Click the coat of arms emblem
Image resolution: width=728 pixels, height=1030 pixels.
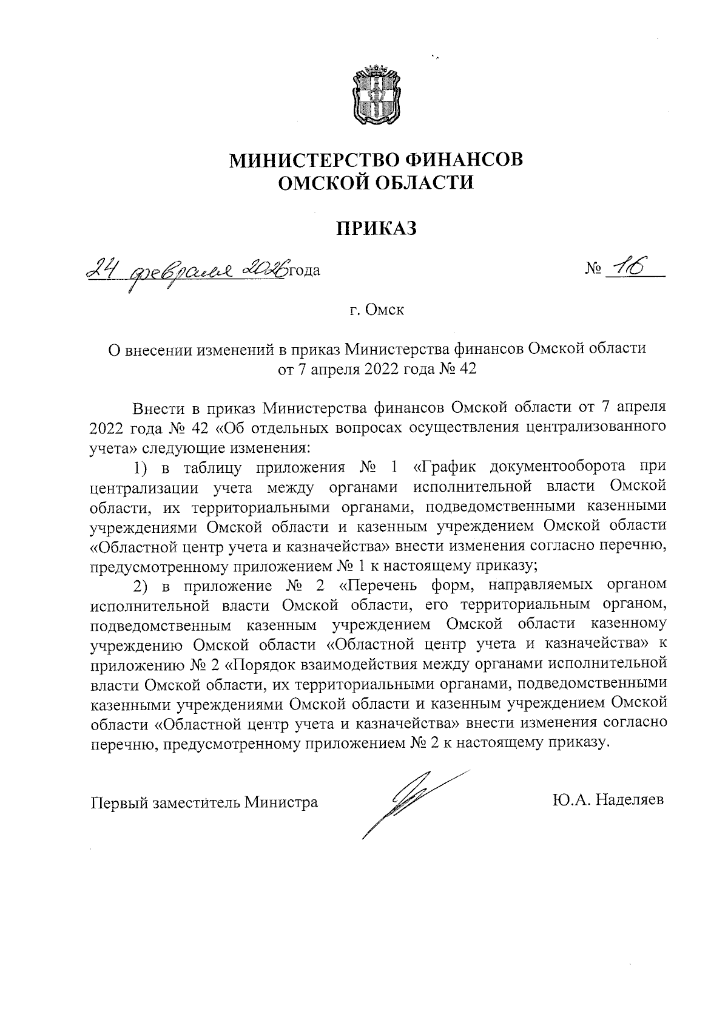(376, 97)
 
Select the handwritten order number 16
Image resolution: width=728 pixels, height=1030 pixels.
(629, 267)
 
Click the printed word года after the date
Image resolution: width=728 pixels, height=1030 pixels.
(303, 269)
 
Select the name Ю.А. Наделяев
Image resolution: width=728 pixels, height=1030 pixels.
(608, 800)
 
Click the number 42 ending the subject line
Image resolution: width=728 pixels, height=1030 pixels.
(465, 368)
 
